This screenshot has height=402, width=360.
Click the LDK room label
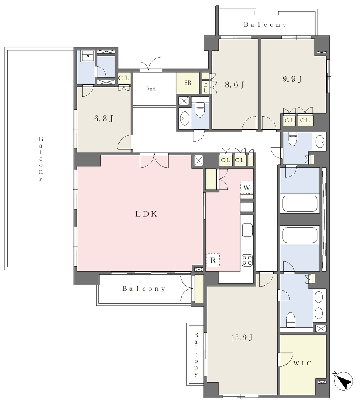[146, 214]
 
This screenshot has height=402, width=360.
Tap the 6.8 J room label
[104, 119]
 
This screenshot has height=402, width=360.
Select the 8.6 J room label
[235, 84]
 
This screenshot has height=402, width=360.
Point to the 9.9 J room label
[292, 79]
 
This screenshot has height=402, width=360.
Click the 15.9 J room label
[242, 337]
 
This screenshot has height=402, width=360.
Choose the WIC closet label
[302, 363]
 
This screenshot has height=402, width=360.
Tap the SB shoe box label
[188, 83]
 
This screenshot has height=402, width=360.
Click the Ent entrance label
[151, 89]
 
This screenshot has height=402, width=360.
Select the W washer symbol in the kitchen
[247, 187]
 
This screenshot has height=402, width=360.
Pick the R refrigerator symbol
[213, 260]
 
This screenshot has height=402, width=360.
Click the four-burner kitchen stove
[247, 260]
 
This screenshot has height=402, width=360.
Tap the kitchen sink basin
[247, 230]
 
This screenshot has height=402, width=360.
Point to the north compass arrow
[344, 380]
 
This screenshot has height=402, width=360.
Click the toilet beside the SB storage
[200, 110]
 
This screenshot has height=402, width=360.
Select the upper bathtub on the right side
[300, 204]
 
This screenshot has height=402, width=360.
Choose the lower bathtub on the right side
[300, 235]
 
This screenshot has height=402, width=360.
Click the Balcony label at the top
[265, 25]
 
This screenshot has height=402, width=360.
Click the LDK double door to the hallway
[154, 161]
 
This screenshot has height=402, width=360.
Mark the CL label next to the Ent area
[124, 78]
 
